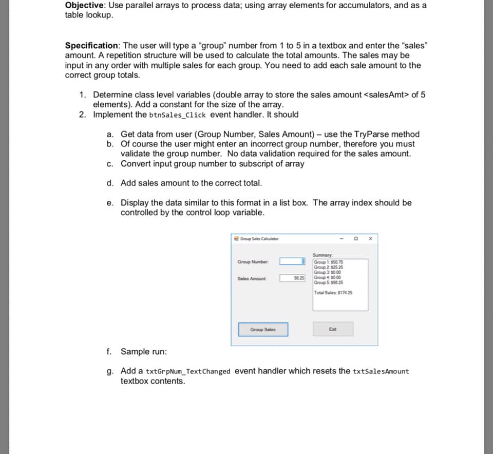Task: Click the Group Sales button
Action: coord(263,330)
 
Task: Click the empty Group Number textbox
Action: coord(293,261)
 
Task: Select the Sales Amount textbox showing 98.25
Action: coord(293,278)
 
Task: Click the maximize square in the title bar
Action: coord(355,238)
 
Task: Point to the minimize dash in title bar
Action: coord(339,238)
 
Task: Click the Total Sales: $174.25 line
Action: coord(333,293)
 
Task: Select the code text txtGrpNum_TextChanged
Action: coord(188,371)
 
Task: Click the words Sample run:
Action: coord(143,352)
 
